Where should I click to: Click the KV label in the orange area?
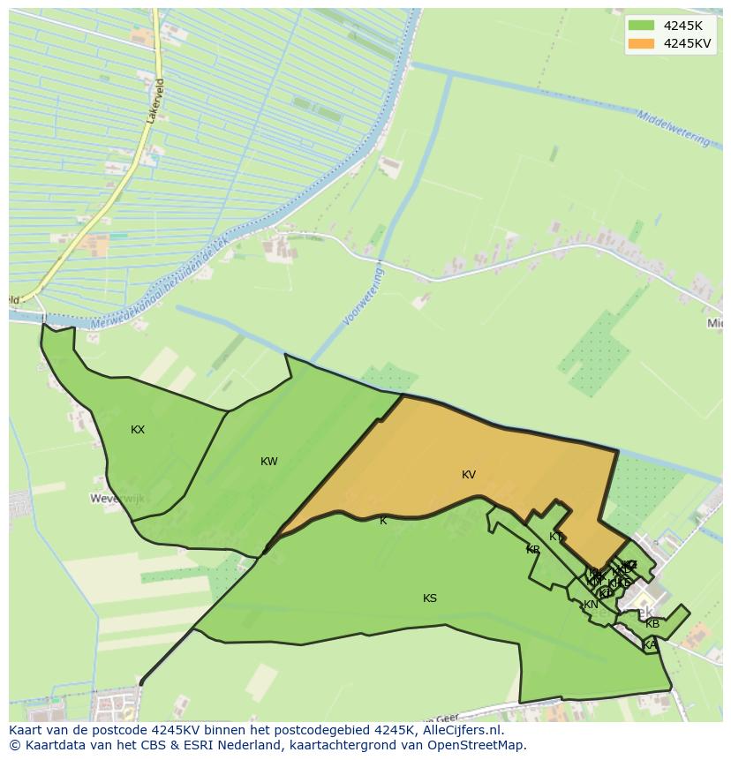click(x=469, y=475)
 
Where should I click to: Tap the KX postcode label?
click(x=138, y=430)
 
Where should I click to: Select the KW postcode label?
click(x=269, y=462)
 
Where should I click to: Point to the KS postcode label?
click(x=430, y=598)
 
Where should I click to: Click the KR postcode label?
click(x=533, y=550)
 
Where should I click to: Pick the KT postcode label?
click(x=555, y=537)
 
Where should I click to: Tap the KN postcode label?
click(x=591, y=605)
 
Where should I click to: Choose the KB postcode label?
click(x=652, y=624)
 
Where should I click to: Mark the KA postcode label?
click(x=650, y=645)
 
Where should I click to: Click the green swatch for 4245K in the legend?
click(x=642, y=26)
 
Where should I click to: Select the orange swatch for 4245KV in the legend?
click(x=642, y=43)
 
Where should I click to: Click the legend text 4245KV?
click(x=688, y=43)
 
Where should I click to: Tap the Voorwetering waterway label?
click(x=365, y=297)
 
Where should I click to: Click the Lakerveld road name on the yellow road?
click(x=156, y=101)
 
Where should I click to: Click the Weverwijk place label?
click(x=117, y=499)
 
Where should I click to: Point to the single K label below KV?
click(x=383, y=521)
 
